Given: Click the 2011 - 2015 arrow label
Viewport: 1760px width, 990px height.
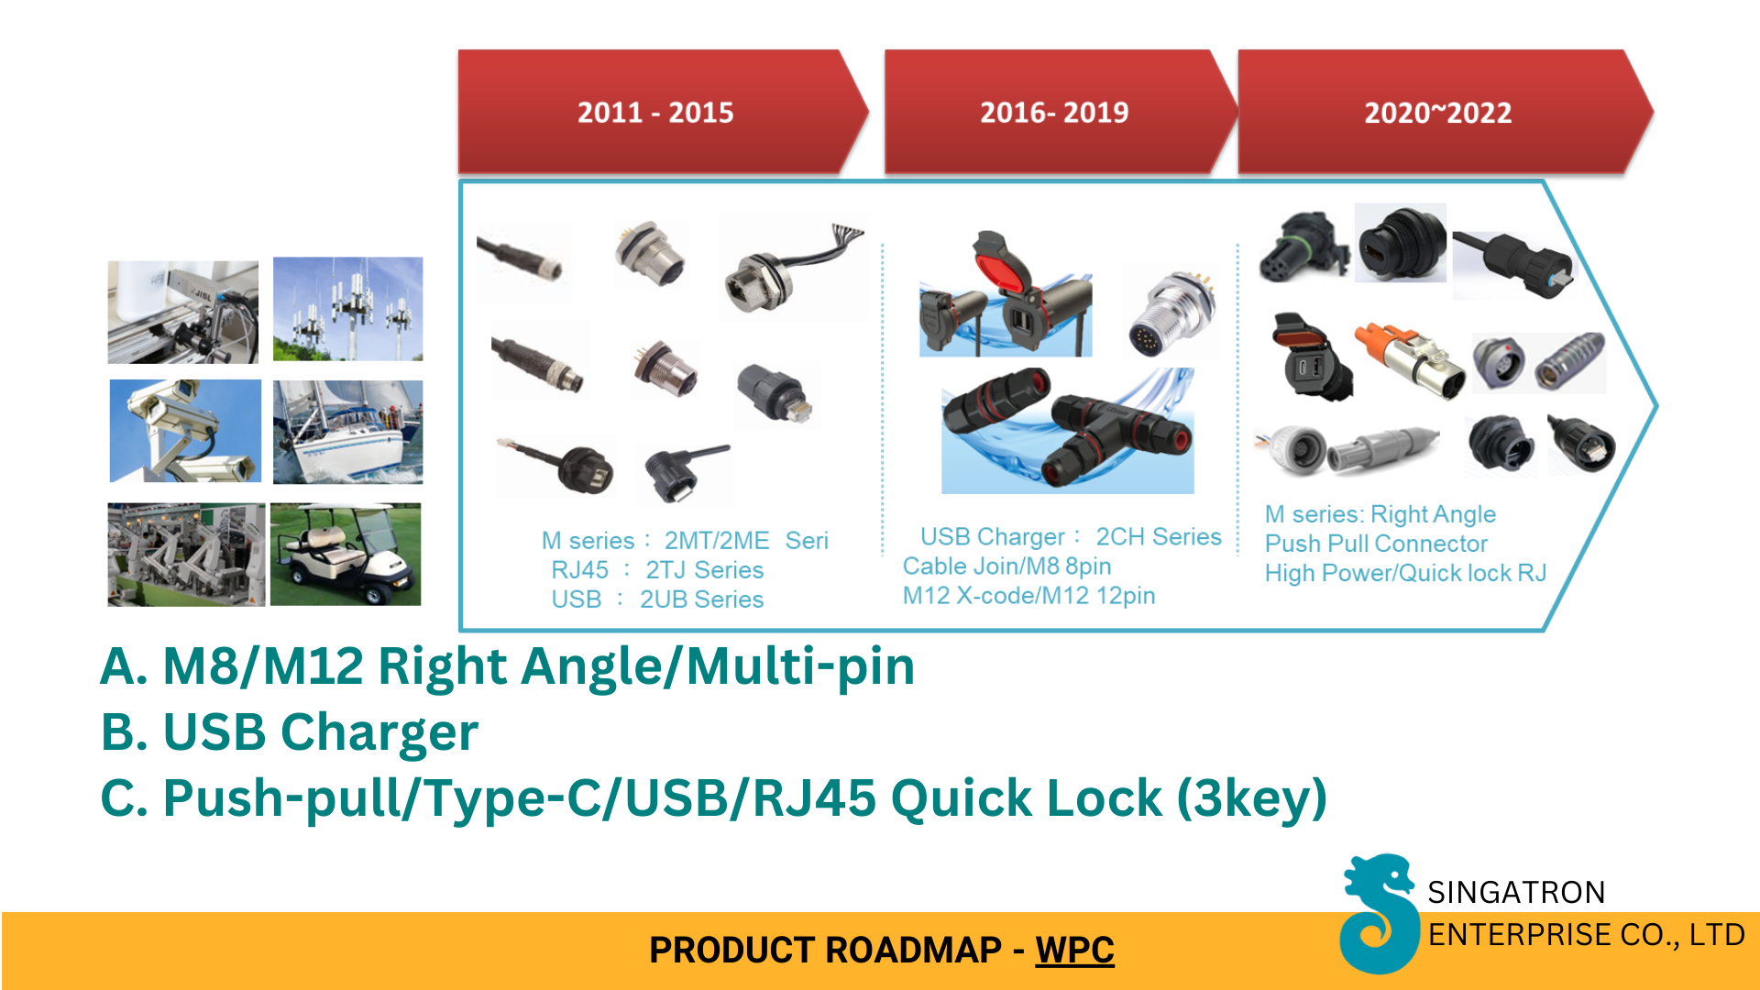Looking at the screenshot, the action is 655,113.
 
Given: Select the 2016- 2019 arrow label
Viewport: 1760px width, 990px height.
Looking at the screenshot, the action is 1054,113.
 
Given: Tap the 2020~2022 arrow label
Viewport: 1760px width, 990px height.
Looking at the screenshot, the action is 1437,113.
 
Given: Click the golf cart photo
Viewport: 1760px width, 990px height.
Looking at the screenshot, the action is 346,554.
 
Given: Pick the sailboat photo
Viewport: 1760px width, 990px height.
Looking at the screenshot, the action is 347,432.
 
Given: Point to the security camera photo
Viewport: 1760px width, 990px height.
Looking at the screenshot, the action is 185,431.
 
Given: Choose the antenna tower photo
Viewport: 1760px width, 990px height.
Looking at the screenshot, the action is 347,309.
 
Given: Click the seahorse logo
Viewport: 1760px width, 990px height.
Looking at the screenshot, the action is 1377,913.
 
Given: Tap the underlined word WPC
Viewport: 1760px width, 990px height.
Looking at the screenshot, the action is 1074,950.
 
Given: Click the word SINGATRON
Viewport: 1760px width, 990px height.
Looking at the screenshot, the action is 1516,892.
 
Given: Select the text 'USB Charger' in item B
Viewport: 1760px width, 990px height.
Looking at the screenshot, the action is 320,732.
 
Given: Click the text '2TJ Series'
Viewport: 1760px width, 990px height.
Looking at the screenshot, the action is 704,570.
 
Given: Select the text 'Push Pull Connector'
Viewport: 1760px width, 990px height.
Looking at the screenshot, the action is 1376,544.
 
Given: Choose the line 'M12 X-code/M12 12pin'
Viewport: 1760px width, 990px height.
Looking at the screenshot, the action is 1028,596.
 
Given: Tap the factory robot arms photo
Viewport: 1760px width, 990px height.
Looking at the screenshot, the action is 186,554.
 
